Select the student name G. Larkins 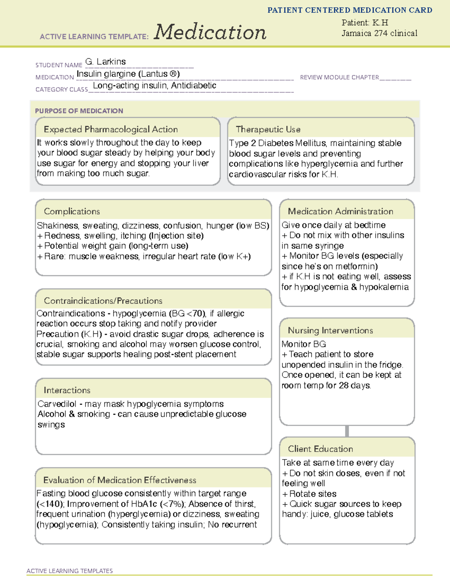coord(105,61)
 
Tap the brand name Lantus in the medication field coord(154,74)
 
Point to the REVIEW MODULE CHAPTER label coord(339,77)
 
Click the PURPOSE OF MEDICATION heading coord(79,111)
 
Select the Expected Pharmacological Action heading coord(111,129)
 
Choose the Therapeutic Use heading coord(268,129)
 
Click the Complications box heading coord(72,211)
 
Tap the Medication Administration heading coord(340,211)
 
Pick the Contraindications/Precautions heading coord(103,301)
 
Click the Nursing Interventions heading coord(330,330)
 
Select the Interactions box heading coord(67,390)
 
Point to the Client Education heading coord(320,449)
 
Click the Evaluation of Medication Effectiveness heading coord(120,480)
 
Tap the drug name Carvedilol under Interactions coord(57,404)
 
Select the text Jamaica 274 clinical coord(379,33)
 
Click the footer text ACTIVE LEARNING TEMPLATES coord(69,571)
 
